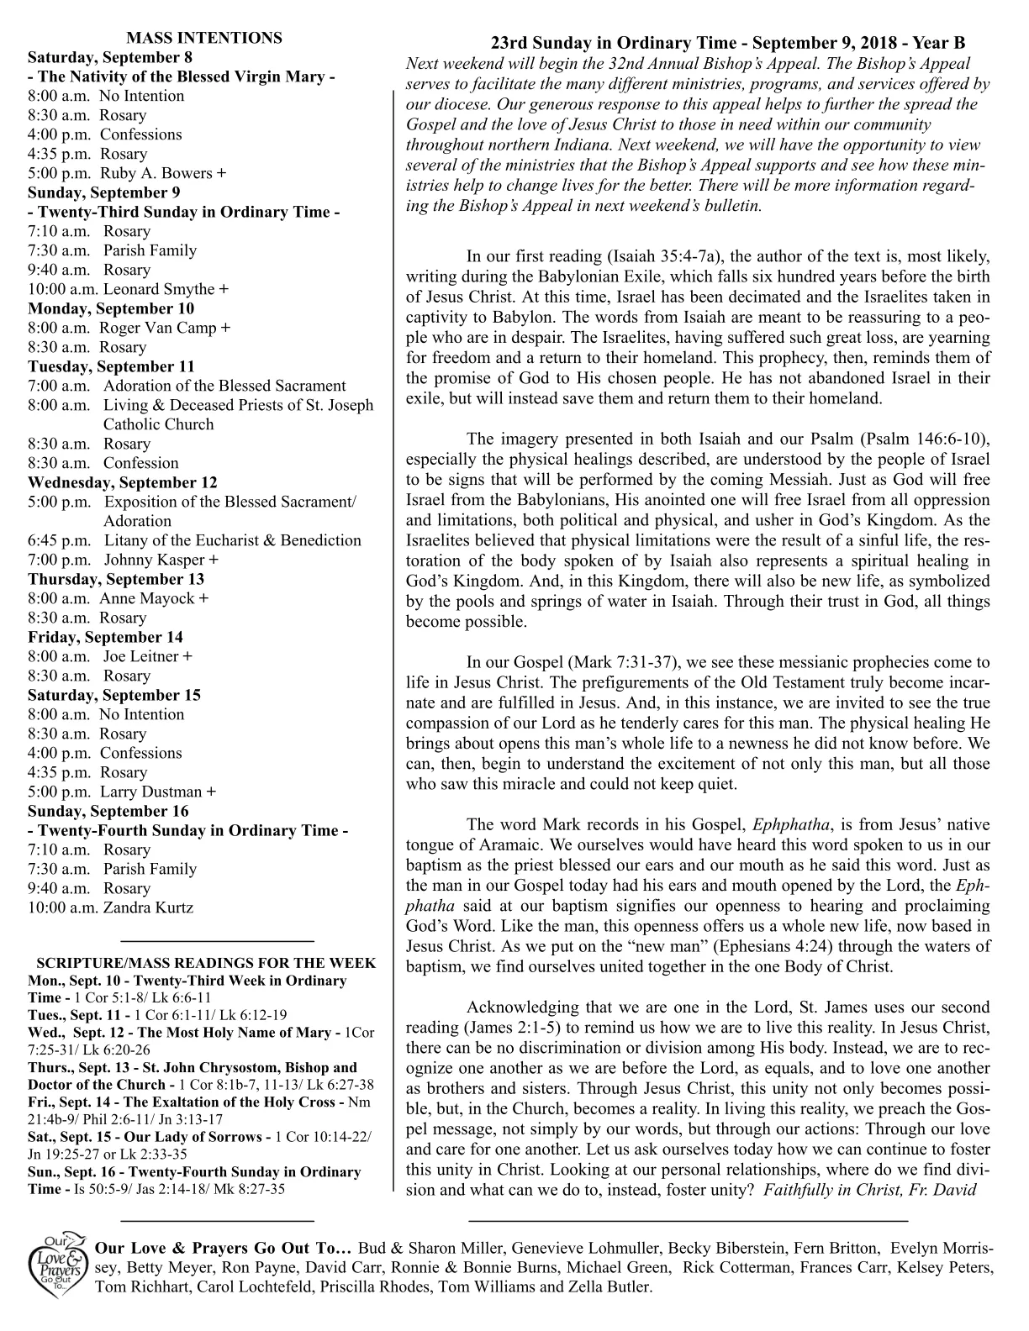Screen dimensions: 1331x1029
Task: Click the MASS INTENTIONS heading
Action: (x=203, y=38)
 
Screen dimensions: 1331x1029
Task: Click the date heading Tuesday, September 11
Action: (x=111, y=366)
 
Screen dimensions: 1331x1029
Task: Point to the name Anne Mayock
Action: (x=154, y=598)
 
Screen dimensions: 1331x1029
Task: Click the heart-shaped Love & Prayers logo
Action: (x=56, y=1266)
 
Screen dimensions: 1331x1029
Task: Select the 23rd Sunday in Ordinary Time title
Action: (x=727, y=43)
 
